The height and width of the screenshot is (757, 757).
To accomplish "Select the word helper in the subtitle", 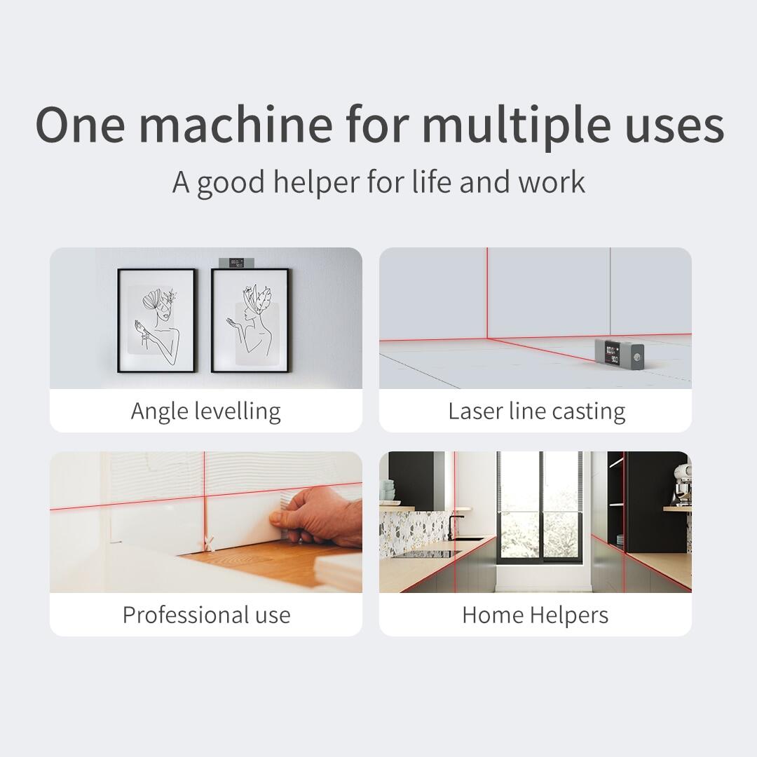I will pos(317,182).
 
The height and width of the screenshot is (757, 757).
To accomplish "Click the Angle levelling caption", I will pos(205,411).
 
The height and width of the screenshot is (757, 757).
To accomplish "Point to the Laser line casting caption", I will pos(536,411).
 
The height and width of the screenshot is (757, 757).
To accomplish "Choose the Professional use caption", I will pos(206,615).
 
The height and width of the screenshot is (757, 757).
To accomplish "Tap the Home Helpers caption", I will pos(535,615).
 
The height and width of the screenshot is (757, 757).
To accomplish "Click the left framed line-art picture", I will pos(156,320).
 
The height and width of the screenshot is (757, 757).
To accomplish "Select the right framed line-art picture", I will pos(250,320).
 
